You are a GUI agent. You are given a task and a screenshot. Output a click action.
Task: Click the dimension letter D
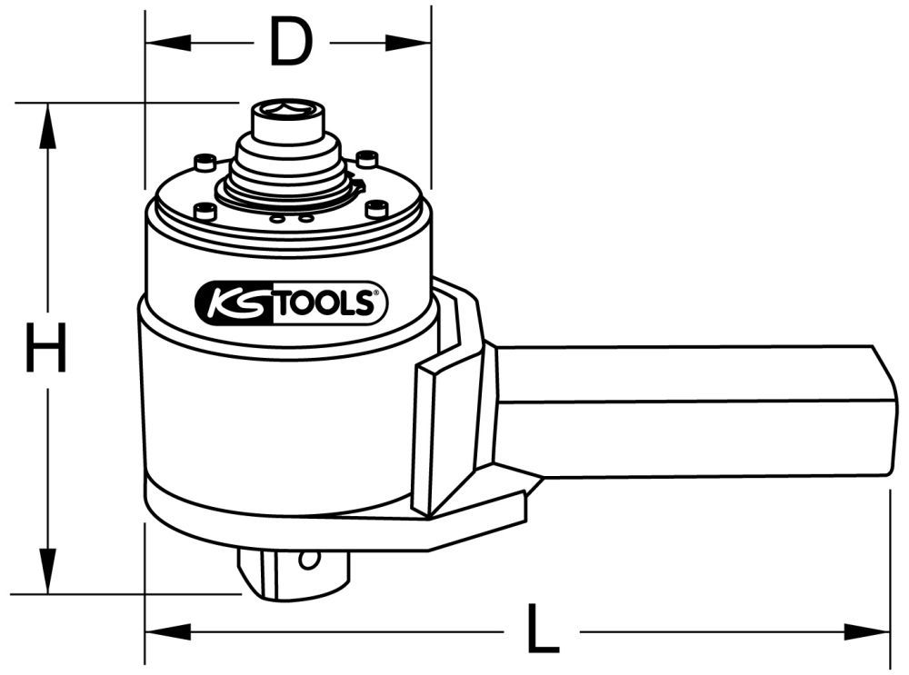pos(290,43)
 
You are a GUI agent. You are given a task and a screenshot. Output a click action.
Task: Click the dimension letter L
pos(543,630)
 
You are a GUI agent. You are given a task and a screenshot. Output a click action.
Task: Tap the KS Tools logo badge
pos(291,303)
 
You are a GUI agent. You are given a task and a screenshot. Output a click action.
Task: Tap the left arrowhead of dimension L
pos(165,630)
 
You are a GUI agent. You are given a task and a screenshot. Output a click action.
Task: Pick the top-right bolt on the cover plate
pos(367,159)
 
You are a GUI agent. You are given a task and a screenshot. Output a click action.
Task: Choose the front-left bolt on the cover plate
pos(205,213)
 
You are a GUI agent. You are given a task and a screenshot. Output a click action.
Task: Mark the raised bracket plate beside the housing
pos(445,427)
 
